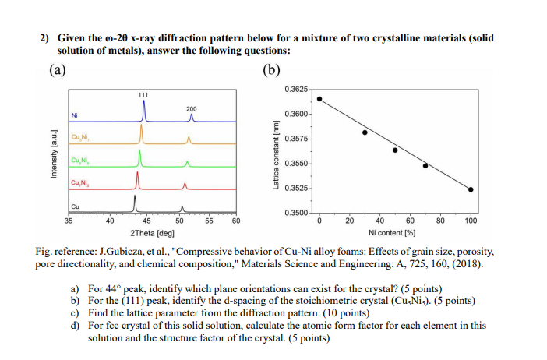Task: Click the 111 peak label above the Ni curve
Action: coord(143,94)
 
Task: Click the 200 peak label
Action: coord(192,108)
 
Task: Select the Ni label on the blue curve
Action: coord(75,116)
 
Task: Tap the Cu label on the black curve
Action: coord(75,206)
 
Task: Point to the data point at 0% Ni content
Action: coord(319,99)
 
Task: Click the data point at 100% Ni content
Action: coord(471,189)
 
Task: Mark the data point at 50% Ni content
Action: coord(395,150)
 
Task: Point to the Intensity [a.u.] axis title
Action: coord(54,160)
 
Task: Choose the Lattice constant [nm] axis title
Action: coord(274,152)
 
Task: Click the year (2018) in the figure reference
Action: coord(470,265)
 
